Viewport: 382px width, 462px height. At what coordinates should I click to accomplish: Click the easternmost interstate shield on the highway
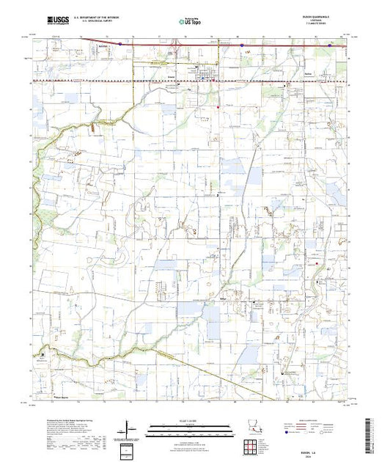pos(331,44)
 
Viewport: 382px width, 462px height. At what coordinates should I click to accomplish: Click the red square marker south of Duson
pos(217,107)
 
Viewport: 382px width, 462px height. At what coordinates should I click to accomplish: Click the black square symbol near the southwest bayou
pos(43,354)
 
